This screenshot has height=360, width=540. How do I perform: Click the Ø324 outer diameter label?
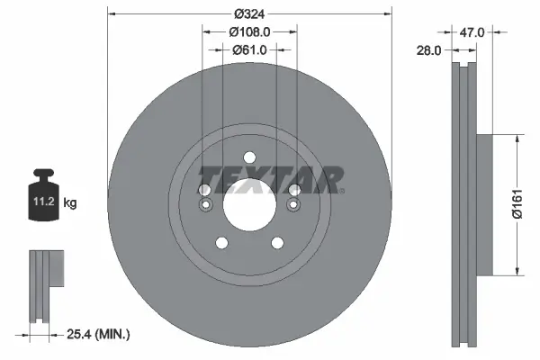249,14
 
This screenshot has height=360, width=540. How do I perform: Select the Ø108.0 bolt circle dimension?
249,31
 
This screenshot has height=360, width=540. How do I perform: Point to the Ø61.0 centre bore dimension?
249,49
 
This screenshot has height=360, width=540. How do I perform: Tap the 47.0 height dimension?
472,31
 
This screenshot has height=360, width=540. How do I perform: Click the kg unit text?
70,203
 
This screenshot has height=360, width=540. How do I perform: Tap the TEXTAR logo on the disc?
270,179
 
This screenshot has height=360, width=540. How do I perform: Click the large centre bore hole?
249,206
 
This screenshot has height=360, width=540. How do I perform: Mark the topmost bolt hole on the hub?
249,158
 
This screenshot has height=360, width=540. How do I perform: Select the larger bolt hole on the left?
204,190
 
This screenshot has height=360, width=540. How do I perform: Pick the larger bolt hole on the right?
294,190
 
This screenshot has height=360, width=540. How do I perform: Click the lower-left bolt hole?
221,243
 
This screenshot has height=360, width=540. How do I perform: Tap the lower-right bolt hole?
277,243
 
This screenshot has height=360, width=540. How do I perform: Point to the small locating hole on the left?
205,206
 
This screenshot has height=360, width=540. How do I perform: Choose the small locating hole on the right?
293,206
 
